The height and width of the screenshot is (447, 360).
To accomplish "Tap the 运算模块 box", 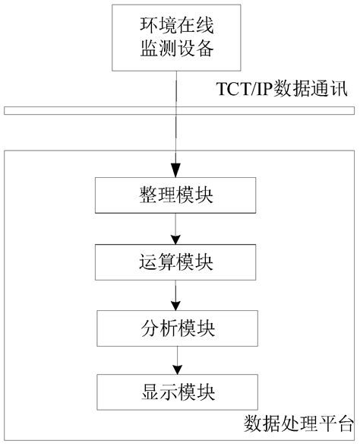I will click(176, 262).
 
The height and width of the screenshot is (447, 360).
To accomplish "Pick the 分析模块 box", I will click(176, 328).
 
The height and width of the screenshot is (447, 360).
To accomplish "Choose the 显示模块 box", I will click(176, 392).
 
